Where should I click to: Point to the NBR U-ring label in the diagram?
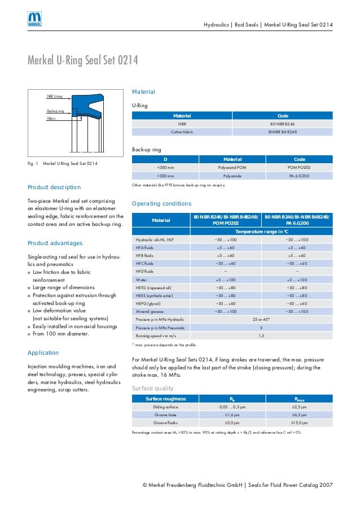click(x=55, y=97)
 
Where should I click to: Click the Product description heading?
click(x=54, y=187)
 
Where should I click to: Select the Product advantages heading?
click(x=55, y=243)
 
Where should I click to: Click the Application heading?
click(x=43, y=352)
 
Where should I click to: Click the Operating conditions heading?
click(x=161, y=203)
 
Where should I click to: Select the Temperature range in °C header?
click(x=261, y=232)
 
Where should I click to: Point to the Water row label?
click(x=141, y=280)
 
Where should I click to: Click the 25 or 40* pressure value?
click(x=261, y=319)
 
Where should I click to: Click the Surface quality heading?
click(x=152, y=389)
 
